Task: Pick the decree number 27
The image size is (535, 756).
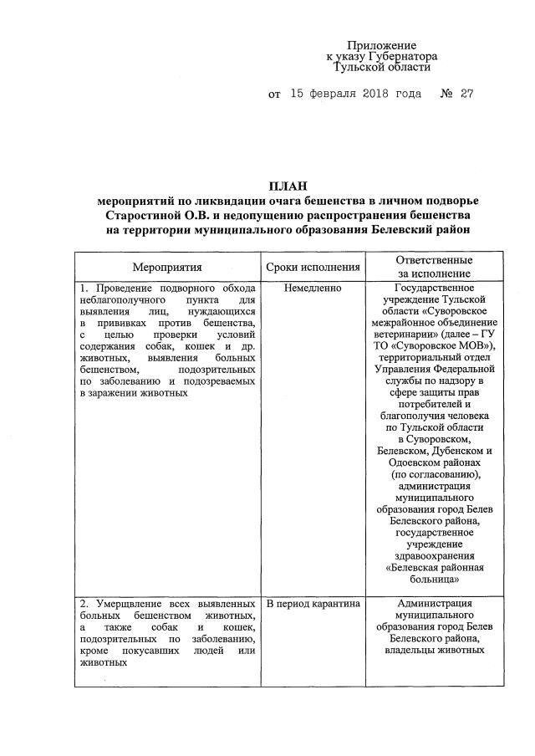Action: [466, 94]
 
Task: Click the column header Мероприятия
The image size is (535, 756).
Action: [168, 268]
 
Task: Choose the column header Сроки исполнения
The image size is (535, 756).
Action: [313, 268]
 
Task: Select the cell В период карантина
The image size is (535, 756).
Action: [313, 603]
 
